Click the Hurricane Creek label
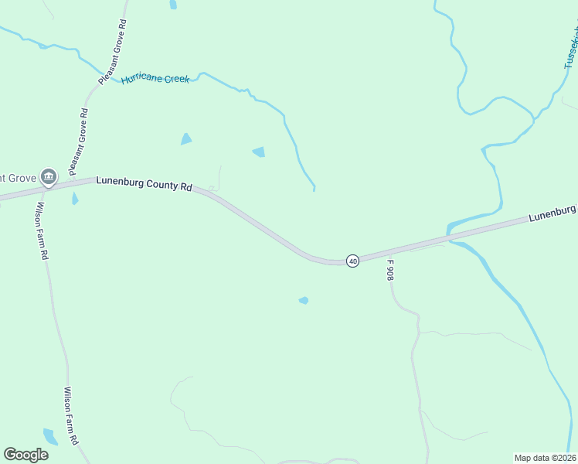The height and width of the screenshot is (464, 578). (155, 79)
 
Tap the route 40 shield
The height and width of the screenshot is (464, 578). (352, 261)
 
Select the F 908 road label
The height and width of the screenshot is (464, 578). (390, 269)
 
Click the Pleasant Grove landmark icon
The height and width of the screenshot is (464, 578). (49, 177)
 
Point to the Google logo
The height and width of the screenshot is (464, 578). (25, 455)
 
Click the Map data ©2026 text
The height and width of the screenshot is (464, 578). (545, 458)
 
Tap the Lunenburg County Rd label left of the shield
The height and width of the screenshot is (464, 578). (144, 184)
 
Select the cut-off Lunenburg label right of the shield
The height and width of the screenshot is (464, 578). (552, 213)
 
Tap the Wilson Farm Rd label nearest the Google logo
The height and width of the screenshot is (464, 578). (71, 415)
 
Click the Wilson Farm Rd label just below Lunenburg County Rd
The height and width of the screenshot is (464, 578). (43, 230)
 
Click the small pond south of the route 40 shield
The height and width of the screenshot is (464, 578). (304, 300)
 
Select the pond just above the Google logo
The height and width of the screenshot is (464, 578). (50, 437)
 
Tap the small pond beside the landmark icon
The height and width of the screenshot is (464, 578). (75, 200)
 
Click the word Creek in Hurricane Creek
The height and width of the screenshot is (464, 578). (175, 79)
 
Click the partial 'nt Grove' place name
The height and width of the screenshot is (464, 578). (18, 178)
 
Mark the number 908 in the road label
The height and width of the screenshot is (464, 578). (390, 273)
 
